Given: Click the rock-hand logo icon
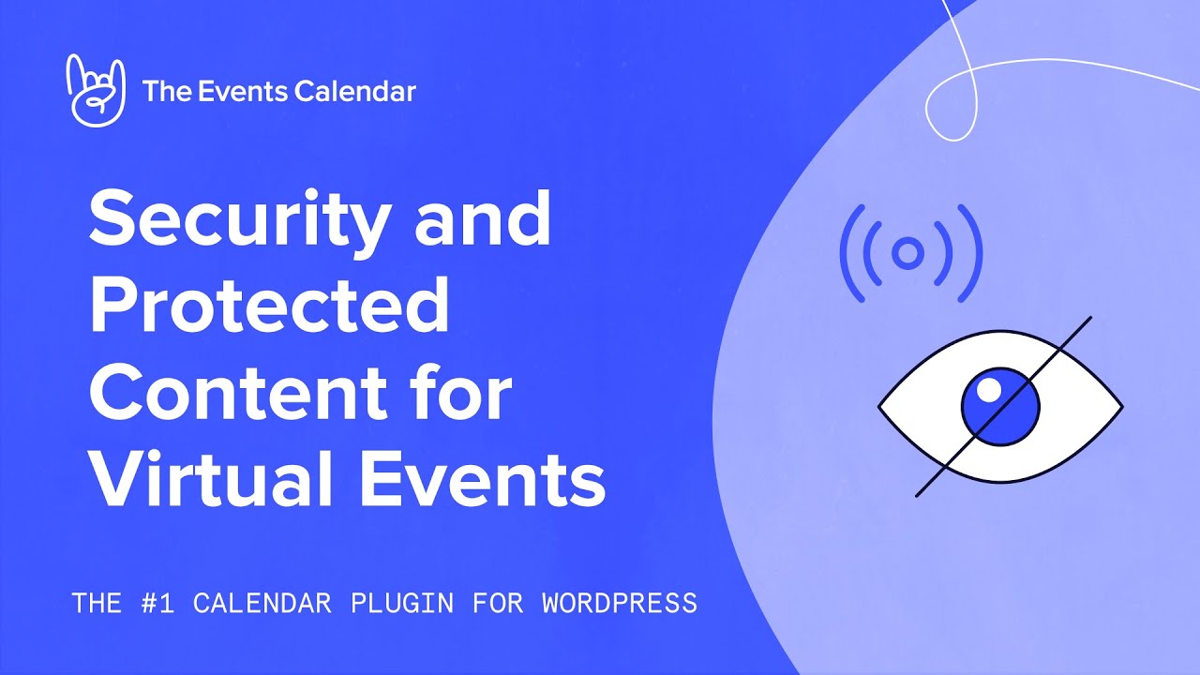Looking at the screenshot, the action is [x=96, y=90].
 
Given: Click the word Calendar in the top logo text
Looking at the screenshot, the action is [x=354, y=91].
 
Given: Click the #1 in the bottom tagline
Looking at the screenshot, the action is [x=158, y=603].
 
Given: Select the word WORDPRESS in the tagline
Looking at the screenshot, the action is [x=620, y=603].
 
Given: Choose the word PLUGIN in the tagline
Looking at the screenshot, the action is [x=402, y=603].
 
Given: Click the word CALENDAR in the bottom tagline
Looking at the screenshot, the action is [x=262, y=603].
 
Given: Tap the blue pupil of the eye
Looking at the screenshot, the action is [x=1000, y=407].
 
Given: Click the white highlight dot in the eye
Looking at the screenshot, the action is [x=989, y=389].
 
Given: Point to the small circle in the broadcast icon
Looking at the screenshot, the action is [x=907, y=253].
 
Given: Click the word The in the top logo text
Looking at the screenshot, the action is [x=167, y=91].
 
